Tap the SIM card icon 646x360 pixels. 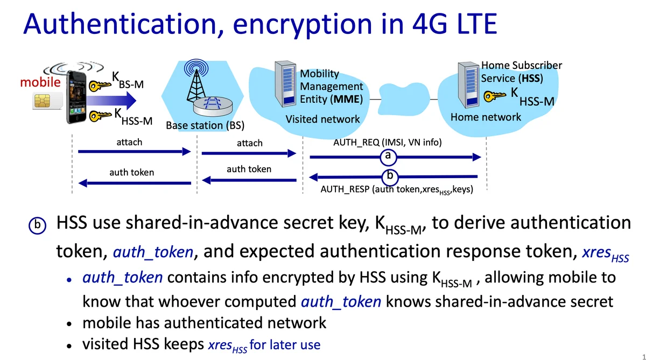click(45, 101)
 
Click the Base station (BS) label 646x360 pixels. click(205, 126)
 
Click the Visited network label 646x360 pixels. click(322, 119)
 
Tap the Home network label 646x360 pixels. click(486, 117)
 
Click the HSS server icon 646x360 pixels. click(467, 83)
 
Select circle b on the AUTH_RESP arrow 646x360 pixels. click(390, 176)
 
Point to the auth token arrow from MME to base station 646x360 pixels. click(249, 180)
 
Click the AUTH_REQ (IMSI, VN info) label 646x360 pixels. click(388, 143)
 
